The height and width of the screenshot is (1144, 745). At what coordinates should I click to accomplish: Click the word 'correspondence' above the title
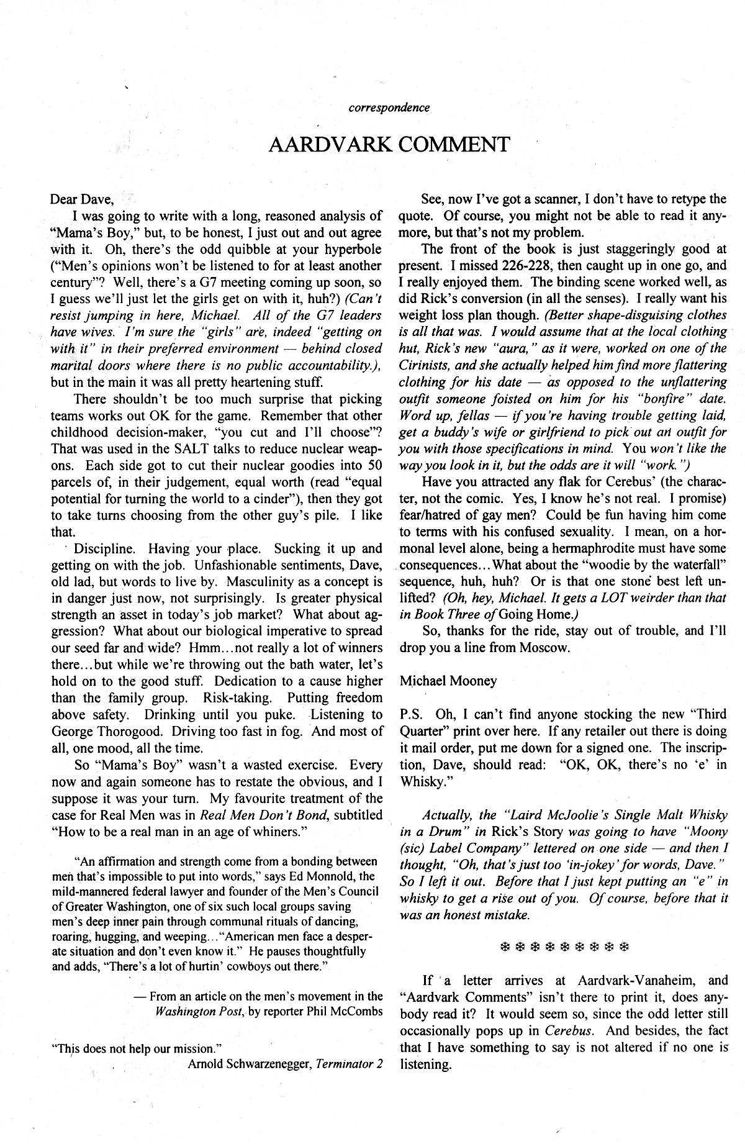point(389,107)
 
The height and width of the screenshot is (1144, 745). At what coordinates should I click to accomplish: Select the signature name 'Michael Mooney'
point(448,681)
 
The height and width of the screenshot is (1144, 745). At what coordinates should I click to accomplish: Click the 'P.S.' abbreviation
point(412,714)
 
